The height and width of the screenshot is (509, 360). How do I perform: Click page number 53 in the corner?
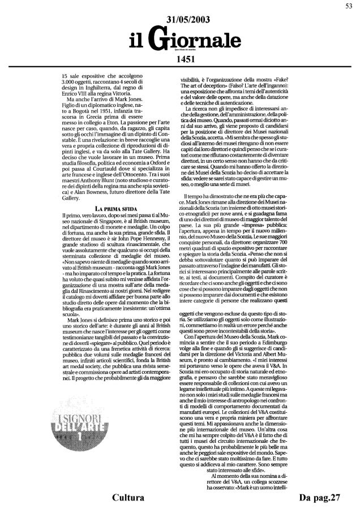[350, 6]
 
